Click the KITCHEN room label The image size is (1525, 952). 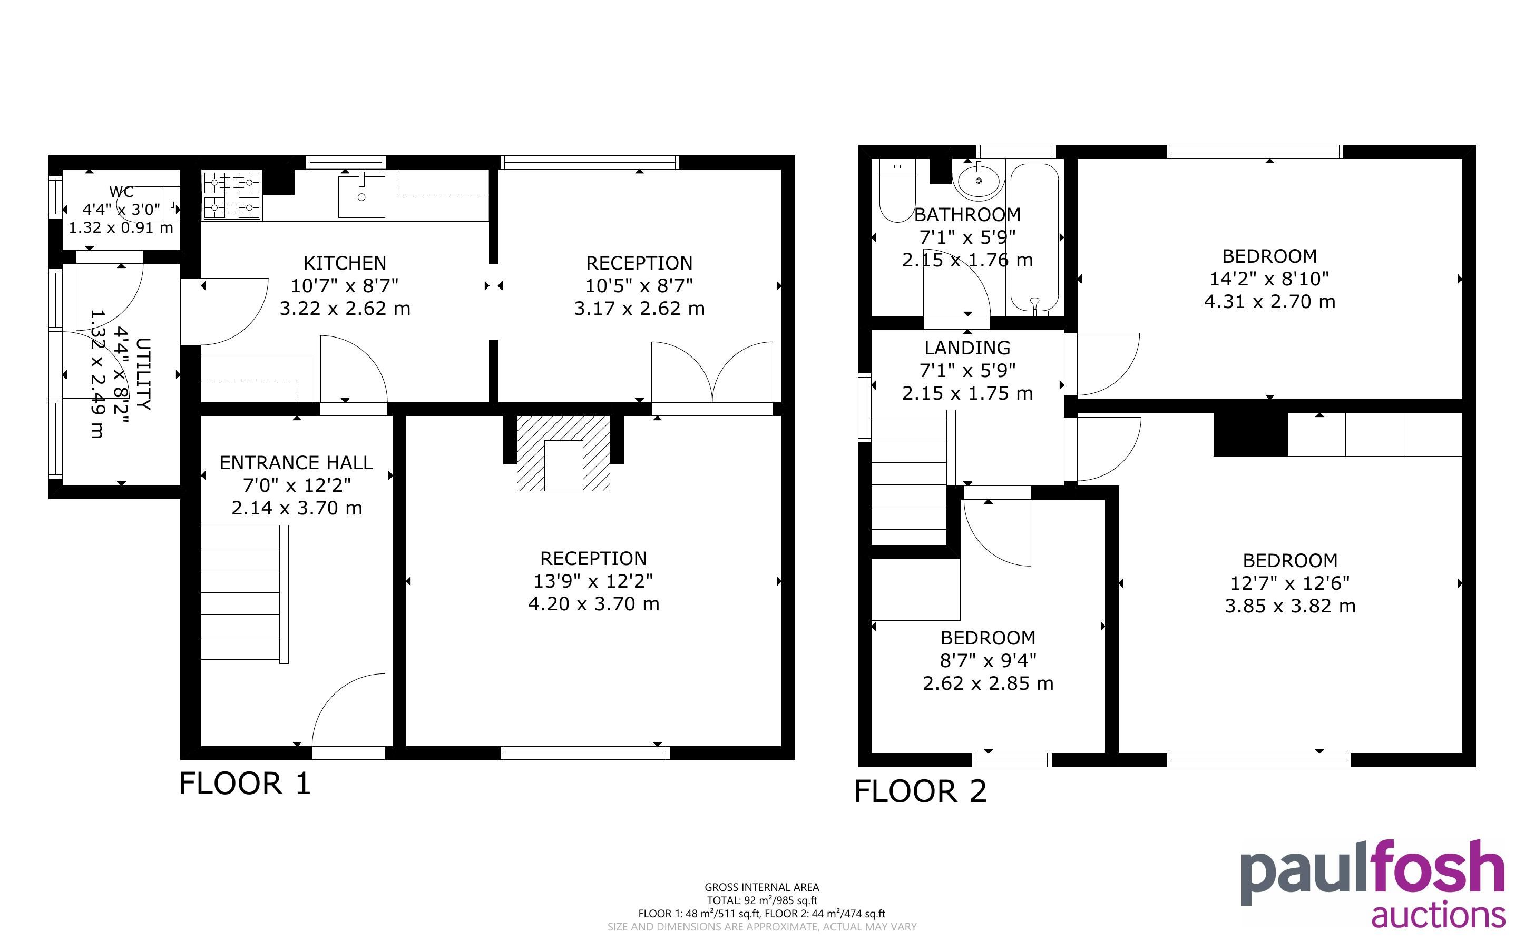(x=345, y=263)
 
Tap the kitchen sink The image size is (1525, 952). (x=361, y=196)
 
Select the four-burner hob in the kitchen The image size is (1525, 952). (x=232, y=195)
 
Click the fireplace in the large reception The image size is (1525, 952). (x=563, y=453)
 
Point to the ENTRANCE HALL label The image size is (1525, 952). (x=296, y=463)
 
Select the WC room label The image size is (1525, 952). (x=122, y=192)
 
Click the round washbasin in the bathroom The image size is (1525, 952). (x=978, y=180)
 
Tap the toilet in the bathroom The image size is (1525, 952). (x=896, y=191)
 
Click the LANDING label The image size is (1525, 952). (x=967, y=348)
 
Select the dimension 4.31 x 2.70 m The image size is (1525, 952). (x=1269, y=302)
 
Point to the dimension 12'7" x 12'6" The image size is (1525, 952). (x=1290, y=583)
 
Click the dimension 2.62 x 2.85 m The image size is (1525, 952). (x=988, y=683)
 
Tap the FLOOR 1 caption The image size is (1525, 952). (x=245, y=784)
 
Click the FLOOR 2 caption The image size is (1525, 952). (x=920, y=791)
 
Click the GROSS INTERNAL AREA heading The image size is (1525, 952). (x=761, y=887)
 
